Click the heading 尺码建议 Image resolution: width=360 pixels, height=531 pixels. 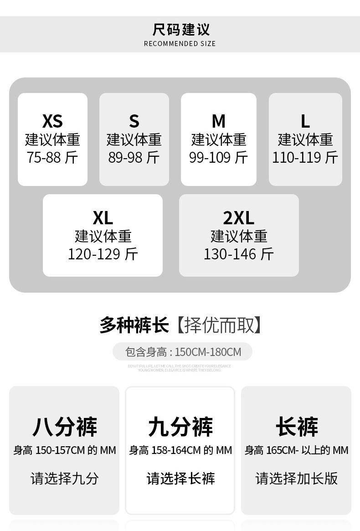click(181, 30)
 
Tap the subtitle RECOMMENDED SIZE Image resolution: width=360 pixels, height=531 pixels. click(180, 44)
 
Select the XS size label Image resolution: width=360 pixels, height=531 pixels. click(52, 121)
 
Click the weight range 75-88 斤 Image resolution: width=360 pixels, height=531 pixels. click(52, 157)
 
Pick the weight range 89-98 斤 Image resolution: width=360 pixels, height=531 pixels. click(134, 157)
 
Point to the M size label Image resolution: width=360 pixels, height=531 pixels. click(219, 121)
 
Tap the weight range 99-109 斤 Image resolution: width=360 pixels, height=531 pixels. click(219, 157)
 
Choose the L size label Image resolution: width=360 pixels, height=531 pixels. click(305, 121)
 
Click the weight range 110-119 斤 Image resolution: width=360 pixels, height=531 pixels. click(305, 157)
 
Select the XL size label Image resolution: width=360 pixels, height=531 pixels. click(103, 218)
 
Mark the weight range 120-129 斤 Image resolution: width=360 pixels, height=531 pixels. click(103, 254)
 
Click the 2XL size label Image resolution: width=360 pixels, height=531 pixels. click(239, 218)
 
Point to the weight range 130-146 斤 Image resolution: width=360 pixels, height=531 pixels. click(239, 254)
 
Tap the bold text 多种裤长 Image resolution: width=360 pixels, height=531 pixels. click(134, 325)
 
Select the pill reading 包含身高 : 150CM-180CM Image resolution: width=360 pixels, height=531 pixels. click(183, 352)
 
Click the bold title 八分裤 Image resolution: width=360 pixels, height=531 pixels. click(64, 426)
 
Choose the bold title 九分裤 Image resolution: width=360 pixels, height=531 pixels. click(180, 426)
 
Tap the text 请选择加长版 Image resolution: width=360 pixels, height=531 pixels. click(297, 478)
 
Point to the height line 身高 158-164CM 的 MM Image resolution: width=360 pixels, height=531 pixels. click(180, 450)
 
